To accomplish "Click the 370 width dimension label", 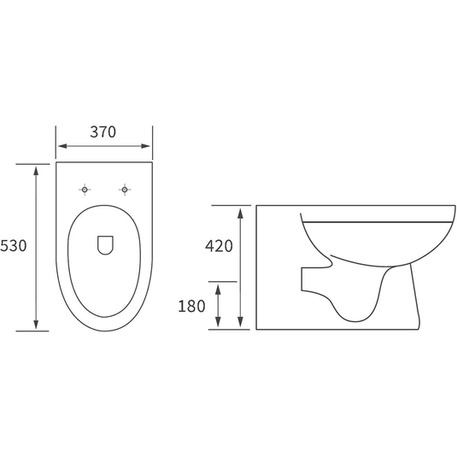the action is pyautogui.click(x=103, y=132).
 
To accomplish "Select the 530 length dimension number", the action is pyautogui.click(x=14, y=245).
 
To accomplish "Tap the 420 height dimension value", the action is pyautogui.click(x=219, y=246).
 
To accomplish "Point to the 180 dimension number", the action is pyautogui.click(x=191, y=307).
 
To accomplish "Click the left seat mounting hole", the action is pyautogui.click(x=85, y=190).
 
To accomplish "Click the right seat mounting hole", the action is pyautogui.click(x=125, y=190).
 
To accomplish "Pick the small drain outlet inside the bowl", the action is pyautogui.click(x=105, y=245).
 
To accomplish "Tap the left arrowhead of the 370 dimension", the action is pyautogui.click(x=62, y=146).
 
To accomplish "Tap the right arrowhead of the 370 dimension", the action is pyautogui.click(x=146, y=146).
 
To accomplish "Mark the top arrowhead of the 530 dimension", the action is pyautogui.click(x=36, y=171).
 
